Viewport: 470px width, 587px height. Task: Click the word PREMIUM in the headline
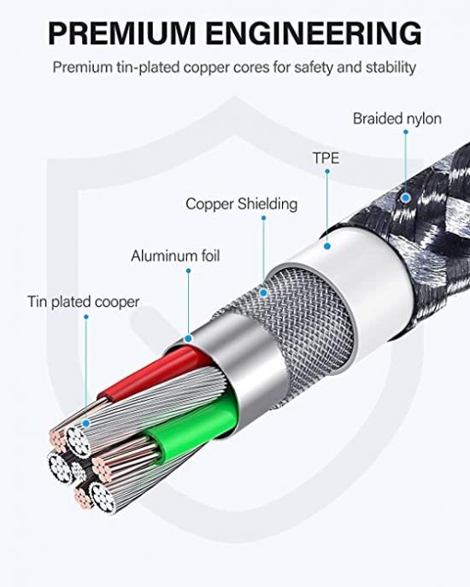121,33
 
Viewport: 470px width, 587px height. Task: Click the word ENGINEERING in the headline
314,33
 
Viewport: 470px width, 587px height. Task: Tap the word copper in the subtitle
207,68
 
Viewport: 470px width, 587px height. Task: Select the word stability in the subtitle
391,68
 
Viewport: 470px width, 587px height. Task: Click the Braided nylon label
397,119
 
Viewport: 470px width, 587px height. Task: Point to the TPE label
326,158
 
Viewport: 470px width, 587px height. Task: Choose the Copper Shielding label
242,204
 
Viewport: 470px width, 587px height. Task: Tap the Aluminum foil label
175,256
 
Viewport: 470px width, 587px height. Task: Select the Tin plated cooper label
84,302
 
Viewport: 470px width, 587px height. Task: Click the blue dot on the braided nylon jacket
406,197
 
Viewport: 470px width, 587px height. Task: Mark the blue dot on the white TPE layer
327,246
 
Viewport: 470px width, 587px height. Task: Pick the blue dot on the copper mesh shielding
264,293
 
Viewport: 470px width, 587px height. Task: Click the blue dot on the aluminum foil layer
188,338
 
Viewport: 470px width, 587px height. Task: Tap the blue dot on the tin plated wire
86,424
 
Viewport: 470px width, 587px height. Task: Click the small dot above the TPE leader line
327,171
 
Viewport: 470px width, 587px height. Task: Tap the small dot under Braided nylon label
406,132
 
